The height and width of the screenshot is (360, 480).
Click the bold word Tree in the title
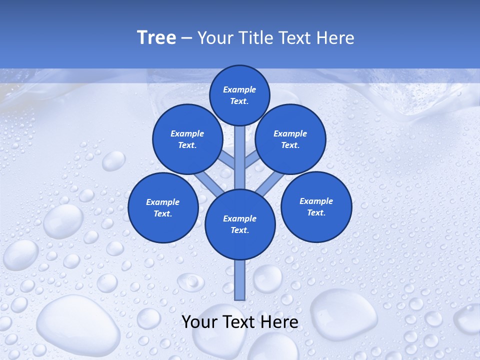click(156, 38)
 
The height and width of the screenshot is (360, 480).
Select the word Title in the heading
click(256, 38)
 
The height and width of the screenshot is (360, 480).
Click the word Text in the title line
click(295, 38)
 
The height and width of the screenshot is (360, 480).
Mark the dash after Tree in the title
click(186, 38)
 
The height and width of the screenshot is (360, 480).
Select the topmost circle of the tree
click(239, 95)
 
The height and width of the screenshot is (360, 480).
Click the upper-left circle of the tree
click(187, 139)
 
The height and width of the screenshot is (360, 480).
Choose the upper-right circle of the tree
click(290, 139)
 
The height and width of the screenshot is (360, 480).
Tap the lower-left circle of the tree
click(163, 207)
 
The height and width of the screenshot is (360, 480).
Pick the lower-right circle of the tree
click(316, 206)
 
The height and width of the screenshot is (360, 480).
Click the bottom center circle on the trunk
click(240, 224)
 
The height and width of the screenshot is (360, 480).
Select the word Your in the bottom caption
click(199, 322)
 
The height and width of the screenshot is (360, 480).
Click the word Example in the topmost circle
click(239, 89)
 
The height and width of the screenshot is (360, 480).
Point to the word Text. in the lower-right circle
click(316, 212)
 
